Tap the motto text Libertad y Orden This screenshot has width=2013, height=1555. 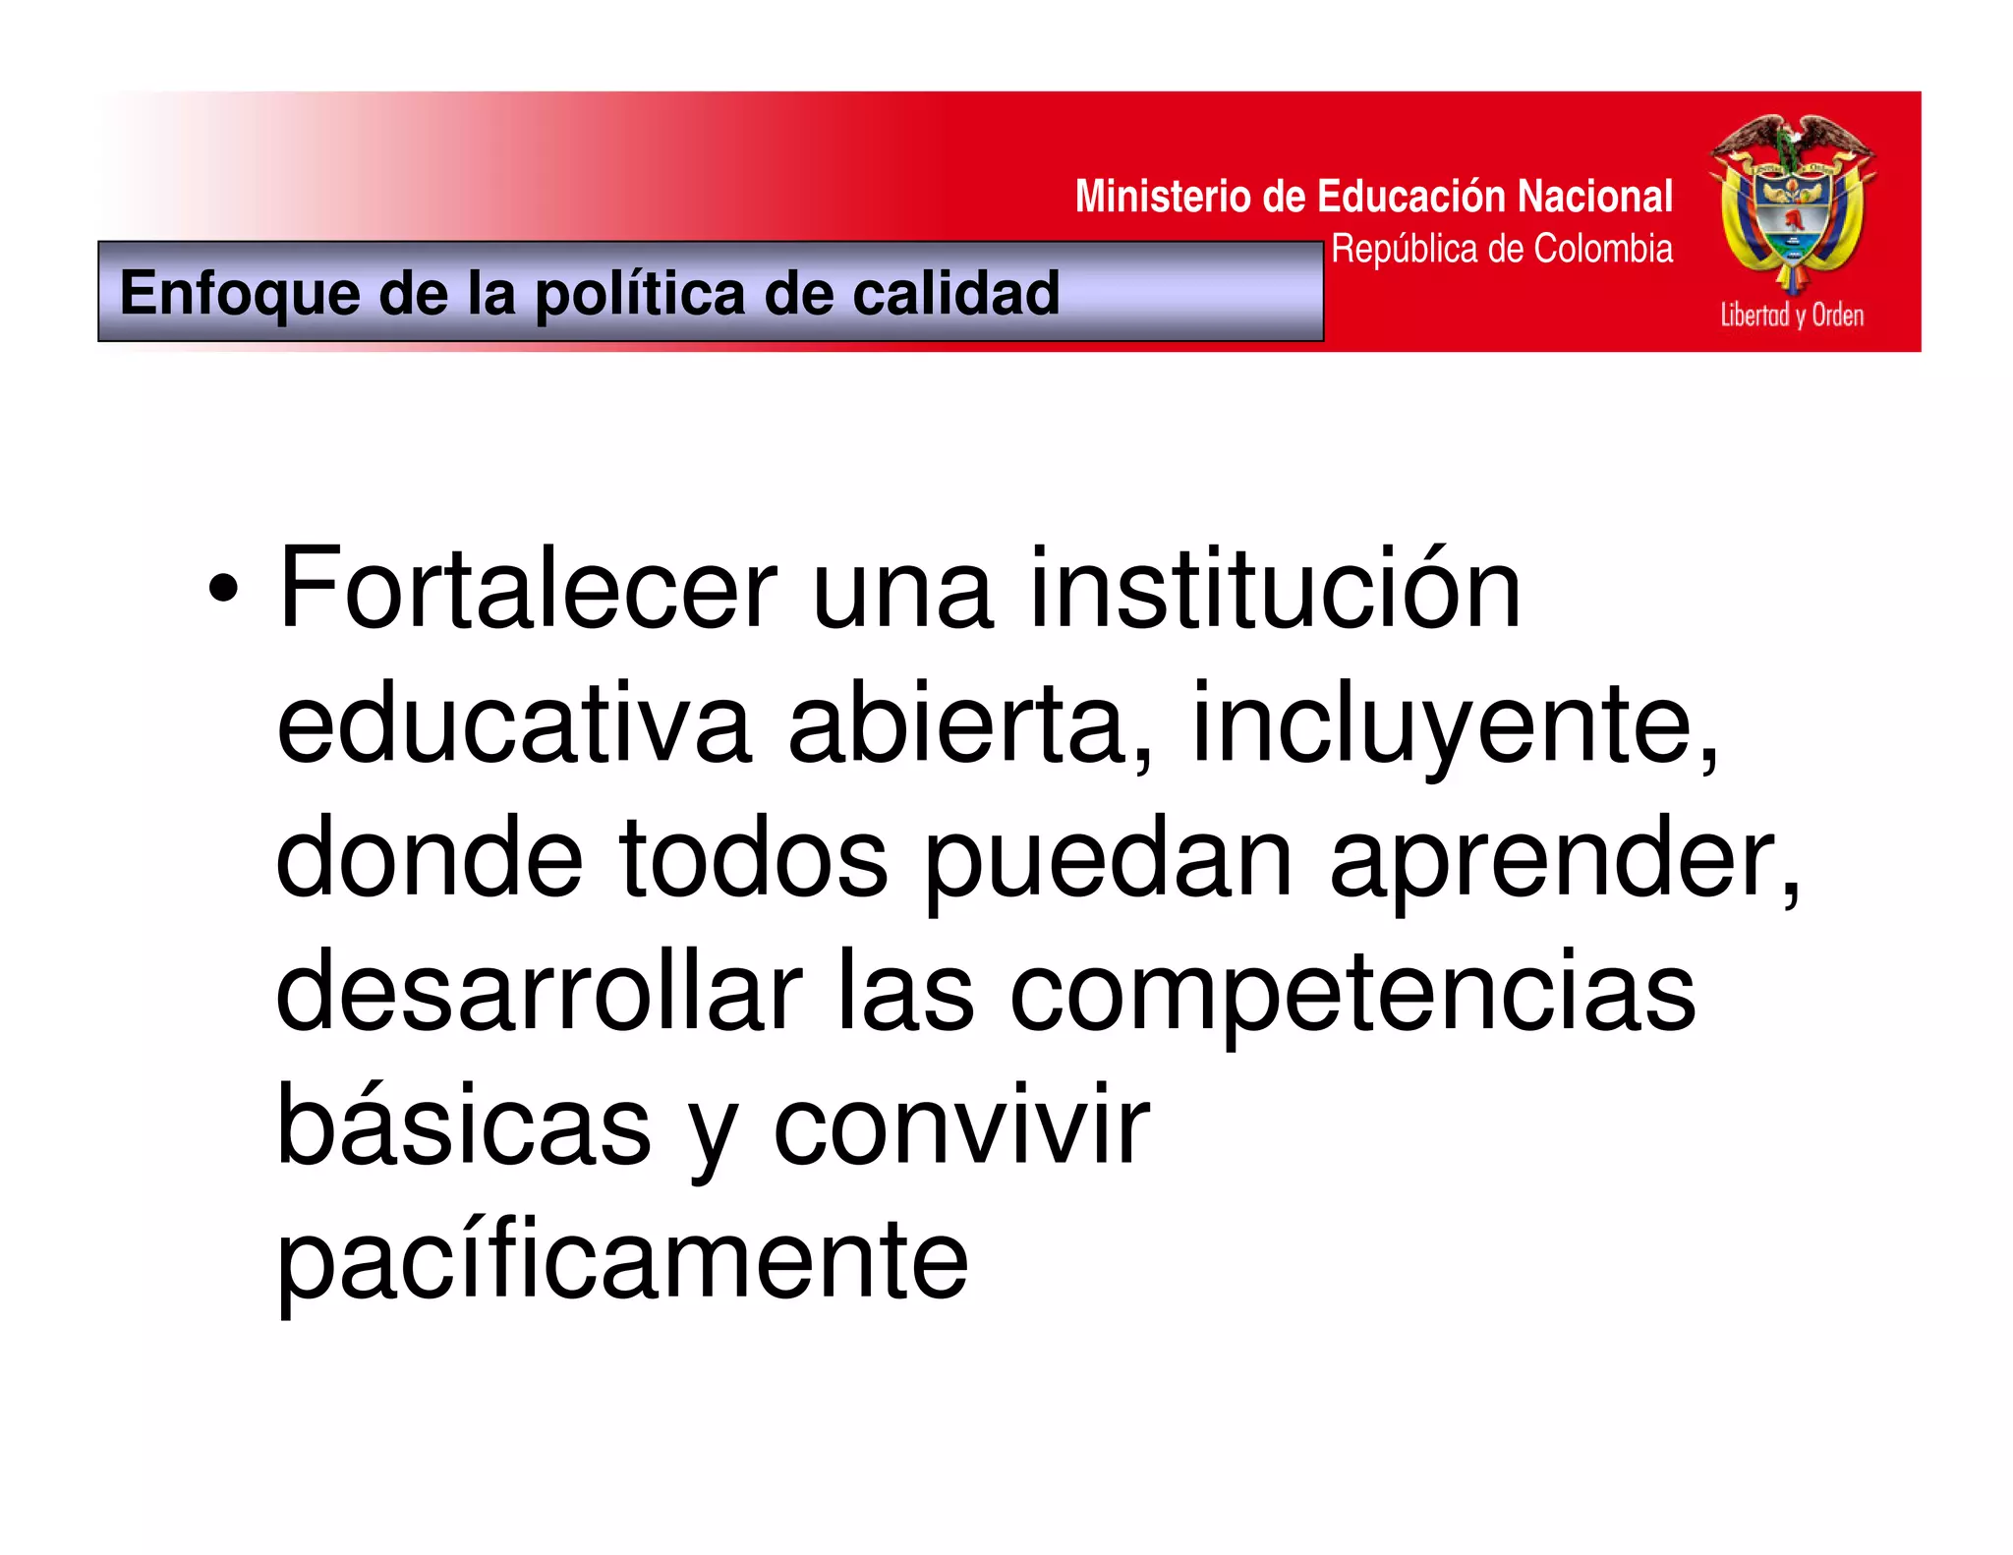(1792, 316)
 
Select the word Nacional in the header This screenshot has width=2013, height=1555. (1594, 197)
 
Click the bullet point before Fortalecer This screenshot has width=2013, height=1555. (223, 589)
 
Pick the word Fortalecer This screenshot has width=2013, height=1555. (528, 589)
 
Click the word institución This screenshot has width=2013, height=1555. (1274, 589)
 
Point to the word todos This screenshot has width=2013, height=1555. (754, 859)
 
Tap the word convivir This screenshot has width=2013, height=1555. (961, 1126)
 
